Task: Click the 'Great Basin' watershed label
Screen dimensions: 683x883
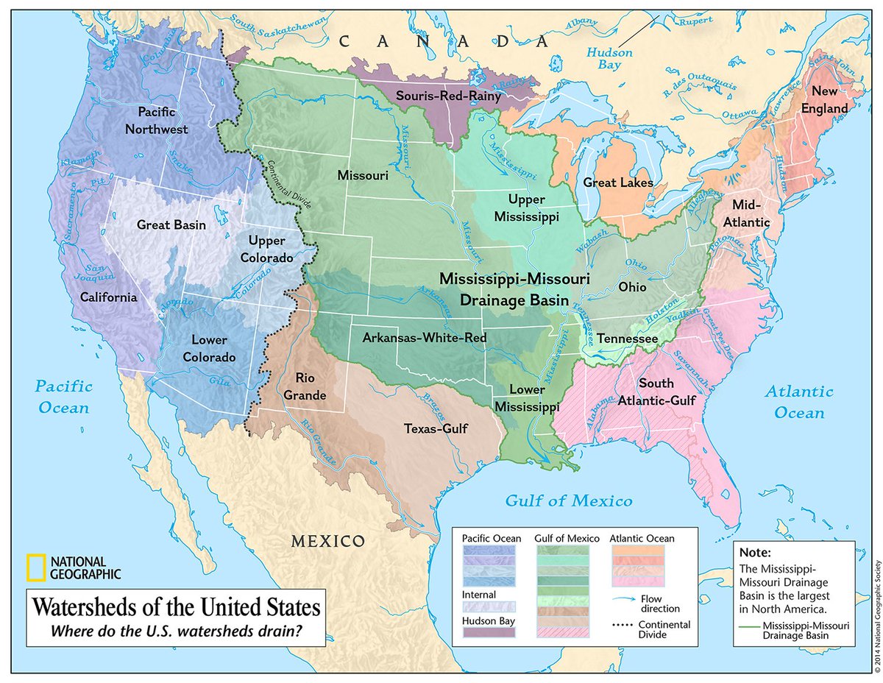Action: click(x=171, y=224)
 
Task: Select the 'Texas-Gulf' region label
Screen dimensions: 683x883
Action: click(x=436, y=428)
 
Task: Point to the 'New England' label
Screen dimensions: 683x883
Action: click(x=830, y=99)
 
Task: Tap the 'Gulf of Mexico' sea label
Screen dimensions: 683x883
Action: click(x=568, y=501)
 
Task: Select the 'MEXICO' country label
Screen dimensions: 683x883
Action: click(x=327, y=541)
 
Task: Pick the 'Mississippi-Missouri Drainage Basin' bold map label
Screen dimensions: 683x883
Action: click(x=514, y=289)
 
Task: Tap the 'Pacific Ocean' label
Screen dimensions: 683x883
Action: click(x=64, y=397)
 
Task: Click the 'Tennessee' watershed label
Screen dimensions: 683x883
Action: click(x=626, y=338)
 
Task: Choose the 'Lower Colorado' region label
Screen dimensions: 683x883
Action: click(x=213, y=349)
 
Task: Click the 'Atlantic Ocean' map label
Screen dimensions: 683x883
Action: click(x=798, y=402)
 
